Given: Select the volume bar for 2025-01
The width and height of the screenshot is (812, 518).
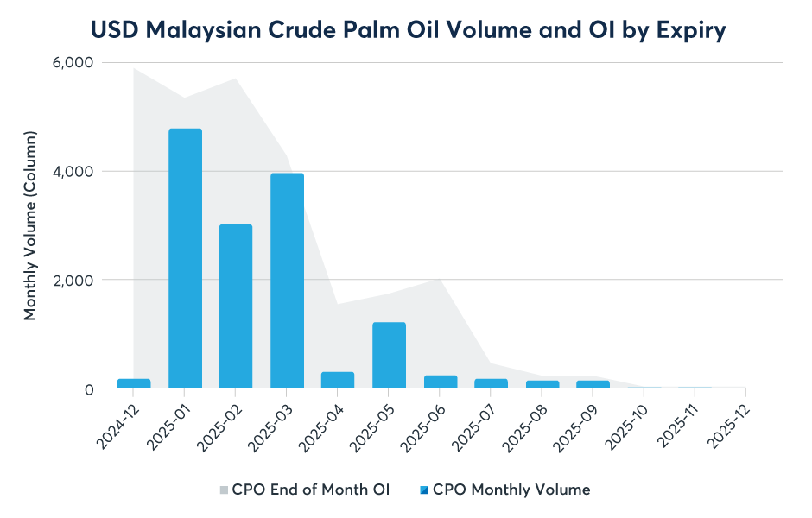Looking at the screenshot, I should point(185,258).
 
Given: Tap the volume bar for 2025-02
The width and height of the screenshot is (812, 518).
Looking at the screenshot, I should point(236,306).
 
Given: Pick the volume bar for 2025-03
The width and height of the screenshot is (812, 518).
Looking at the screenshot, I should point(287,281).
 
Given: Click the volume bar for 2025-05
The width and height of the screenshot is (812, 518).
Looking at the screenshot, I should point(389,355).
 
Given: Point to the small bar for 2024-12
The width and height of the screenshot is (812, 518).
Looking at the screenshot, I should point(134,383).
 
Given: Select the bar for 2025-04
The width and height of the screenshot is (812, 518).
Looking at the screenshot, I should point(338,380).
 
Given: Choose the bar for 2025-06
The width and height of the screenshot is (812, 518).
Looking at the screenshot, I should point(440,382).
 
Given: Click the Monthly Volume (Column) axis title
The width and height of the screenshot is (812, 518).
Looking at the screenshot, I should point(30,226).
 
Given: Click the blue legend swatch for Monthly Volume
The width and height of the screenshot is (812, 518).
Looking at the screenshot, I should point(424,490).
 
